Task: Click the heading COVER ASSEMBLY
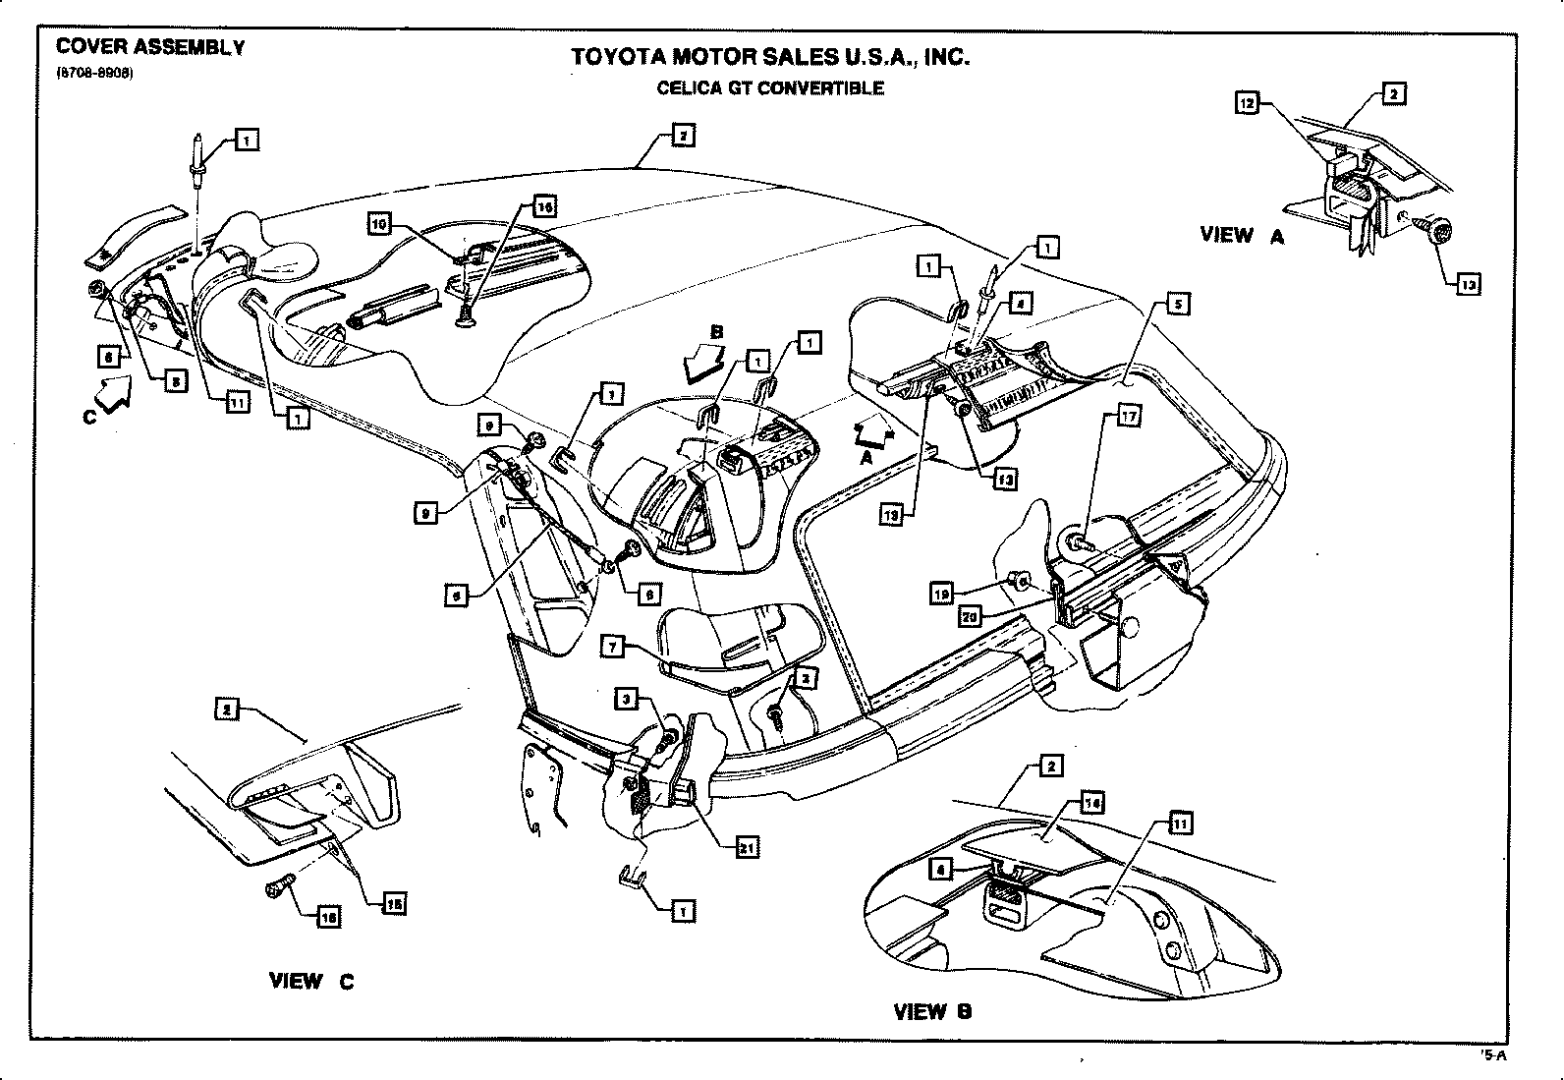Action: (x=150, y=45)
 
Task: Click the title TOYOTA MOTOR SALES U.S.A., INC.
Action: (x=770, y=57)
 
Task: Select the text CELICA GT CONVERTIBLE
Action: (x=770, y=88)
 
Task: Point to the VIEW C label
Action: (x=311, y=981)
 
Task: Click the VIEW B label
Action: (x=932, y=1011)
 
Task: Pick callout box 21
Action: (x=747, y=847)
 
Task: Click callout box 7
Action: (x=613, y=647)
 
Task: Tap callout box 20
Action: (x=971, y=617)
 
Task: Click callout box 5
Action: (x=1178, y=304)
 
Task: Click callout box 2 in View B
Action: (x=1050, y=767)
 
